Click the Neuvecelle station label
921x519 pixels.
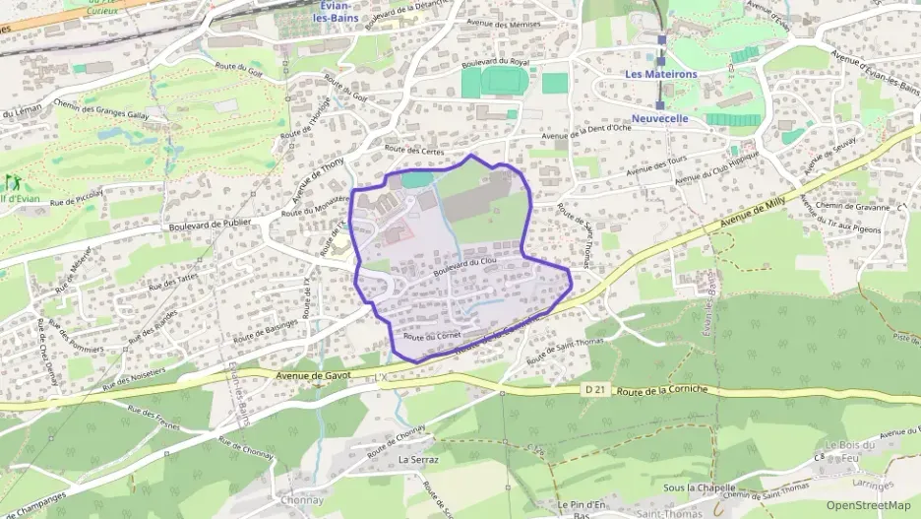pos(659,119)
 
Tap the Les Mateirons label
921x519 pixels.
pos(660,74)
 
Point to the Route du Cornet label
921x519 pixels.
pos(432,336)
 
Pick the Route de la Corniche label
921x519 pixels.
pos(658,391)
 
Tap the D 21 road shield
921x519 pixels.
pos(594,391)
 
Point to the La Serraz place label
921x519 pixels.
pos(418,459)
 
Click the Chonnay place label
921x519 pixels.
pos(301,499)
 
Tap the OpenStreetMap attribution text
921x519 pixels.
pos(868,506)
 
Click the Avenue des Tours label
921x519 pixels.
pos(653,162)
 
